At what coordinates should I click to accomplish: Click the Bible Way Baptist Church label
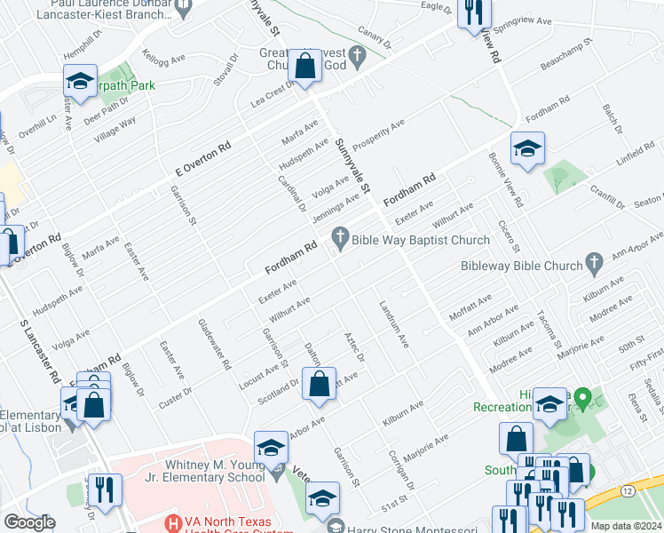[x=420, y=240]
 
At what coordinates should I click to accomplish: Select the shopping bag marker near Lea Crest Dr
[x=304, y=68]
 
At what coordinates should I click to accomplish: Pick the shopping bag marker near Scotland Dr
[x=319, y=385]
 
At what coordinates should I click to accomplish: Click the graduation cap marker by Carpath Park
[x=80, y=83]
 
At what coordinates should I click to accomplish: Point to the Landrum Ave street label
[x=391, y=325]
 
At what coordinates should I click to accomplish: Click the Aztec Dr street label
[x=354, y=346]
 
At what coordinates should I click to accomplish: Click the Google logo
[x=29, y=522]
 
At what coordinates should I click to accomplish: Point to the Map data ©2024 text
[x=627, y=526]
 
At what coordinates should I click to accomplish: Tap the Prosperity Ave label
[x=378, y=135]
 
